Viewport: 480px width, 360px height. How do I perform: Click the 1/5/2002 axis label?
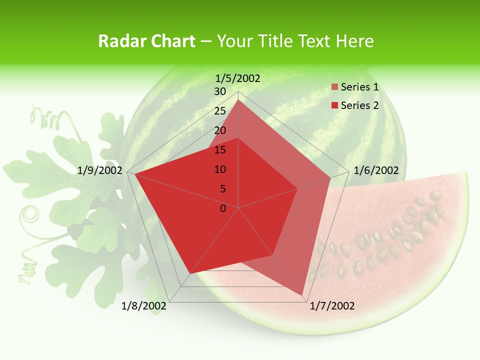238,78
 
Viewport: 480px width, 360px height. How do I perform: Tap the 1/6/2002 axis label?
376,170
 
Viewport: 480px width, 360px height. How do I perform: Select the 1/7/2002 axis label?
332,306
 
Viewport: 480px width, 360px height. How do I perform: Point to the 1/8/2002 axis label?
144,306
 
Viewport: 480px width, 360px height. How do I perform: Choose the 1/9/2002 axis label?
100,170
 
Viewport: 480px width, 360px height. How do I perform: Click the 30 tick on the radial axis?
220,91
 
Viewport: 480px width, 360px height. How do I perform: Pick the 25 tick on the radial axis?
220,111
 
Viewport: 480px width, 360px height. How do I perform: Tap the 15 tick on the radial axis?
220,150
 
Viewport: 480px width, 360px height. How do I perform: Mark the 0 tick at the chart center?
223,208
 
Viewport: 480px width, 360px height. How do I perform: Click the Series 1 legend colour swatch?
335,87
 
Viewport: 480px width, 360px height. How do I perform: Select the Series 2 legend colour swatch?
335,105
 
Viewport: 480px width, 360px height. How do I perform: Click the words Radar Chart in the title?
146,41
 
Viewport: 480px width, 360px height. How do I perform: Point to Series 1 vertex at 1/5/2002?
238,99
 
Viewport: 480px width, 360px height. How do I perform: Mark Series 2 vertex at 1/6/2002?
297,188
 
